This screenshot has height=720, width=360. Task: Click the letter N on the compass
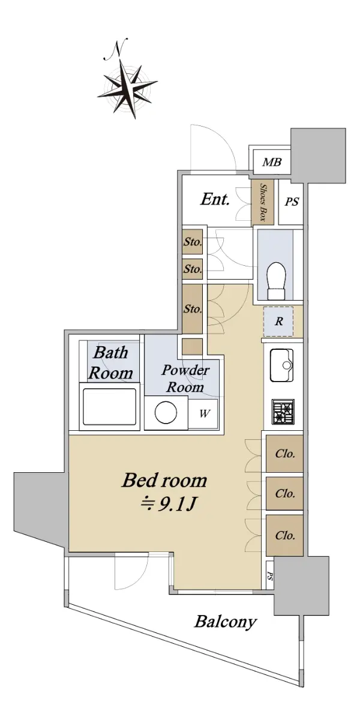pos(118,49)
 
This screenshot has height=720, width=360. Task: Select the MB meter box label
pos(272,163)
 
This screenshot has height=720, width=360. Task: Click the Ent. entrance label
pos(215,199)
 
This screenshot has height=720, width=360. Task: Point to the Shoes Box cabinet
pos(263,202)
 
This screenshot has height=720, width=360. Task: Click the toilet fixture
pos(277,280)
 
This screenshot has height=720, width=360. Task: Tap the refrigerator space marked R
pos(278,321)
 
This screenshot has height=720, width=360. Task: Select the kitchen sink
pos(282,365)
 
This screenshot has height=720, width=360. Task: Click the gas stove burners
pos(283,412)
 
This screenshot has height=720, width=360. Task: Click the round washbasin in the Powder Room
pos(166,413)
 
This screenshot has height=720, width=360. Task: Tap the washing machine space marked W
pos(204,413)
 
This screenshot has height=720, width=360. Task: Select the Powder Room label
pos(185,379)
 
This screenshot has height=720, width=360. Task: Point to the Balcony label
pos(226,622)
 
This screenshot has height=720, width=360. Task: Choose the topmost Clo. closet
pos(284,454)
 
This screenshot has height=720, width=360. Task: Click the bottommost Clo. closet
pos(284,535)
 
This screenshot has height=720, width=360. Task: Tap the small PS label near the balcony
pos(270,575)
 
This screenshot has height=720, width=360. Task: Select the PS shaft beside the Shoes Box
pos(291,202)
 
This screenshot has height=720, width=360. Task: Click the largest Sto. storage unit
pos(193,309)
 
